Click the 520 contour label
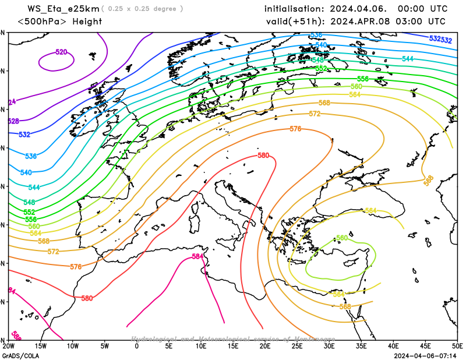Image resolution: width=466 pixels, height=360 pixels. point(61,52)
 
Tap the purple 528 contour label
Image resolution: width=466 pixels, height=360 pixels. point(13,121)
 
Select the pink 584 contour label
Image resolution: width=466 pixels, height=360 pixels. point(198,256)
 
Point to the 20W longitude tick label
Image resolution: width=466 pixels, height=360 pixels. point(8,346)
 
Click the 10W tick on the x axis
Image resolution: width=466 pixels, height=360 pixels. point(72,346)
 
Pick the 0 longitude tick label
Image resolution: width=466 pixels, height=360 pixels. point(137,346)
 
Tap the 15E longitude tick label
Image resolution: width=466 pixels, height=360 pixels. point(233,346)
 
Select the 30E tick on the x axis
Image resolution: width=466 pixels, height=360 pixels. point(329,346)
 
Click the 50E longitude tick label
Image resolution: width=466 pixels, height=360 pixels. point(457,346)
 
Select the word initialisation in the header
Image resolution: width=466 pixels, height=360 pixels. point(294,9)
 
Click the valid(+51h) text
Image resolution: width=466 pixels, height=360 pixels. point(294,22)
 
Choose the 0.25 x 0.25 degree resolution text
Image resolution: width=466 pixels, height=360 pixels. point(142,9)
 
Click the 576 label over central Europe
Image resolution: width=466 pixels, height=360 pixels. point(295,129)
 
